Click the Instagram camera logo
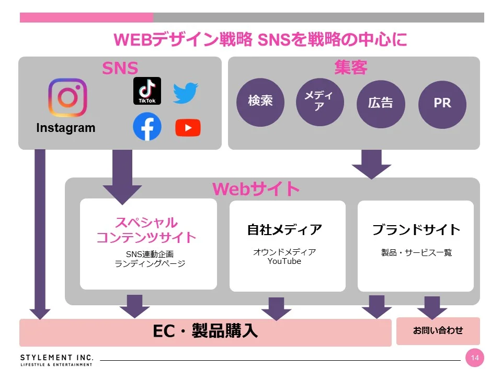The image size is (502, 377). click(67, 98)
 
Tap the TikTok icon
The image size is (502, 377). click(147, 91)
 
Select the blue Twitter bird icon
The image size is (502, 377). click(186, 93)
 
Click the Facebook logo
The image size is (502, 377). click(147, 127)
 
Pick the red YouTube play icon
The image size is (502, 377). click(188, 128)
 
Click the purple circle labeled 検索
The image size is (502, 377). click(260, 101)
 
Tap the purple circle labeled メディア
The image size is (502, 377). click(320, 102)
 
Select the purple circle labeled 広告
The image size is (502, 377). click(380, 103)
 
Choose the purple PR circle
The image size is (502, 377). click(442, 103)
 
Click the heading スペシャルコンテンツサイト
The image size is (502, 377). click(146, 230)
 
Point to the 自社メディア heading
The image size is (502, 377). click(284, 230)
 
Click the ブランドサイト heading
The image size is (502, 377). click(416, 230)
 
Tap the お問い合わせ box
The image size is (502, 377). click(438, 330)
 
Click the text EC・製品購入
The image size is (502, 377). click(205, 331)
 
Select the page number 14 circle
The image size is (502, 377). click(474, 358)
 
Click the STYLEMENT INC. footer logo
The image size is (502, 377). click(57, 360)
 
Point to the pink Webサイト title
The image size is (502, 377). click(256, 189)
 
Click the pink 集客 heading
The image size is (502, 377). click(351, 68)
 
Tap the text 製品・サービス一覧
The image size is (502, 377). click(416, 252)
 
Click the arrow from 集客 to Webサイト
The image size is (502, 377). click(371, 163)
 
